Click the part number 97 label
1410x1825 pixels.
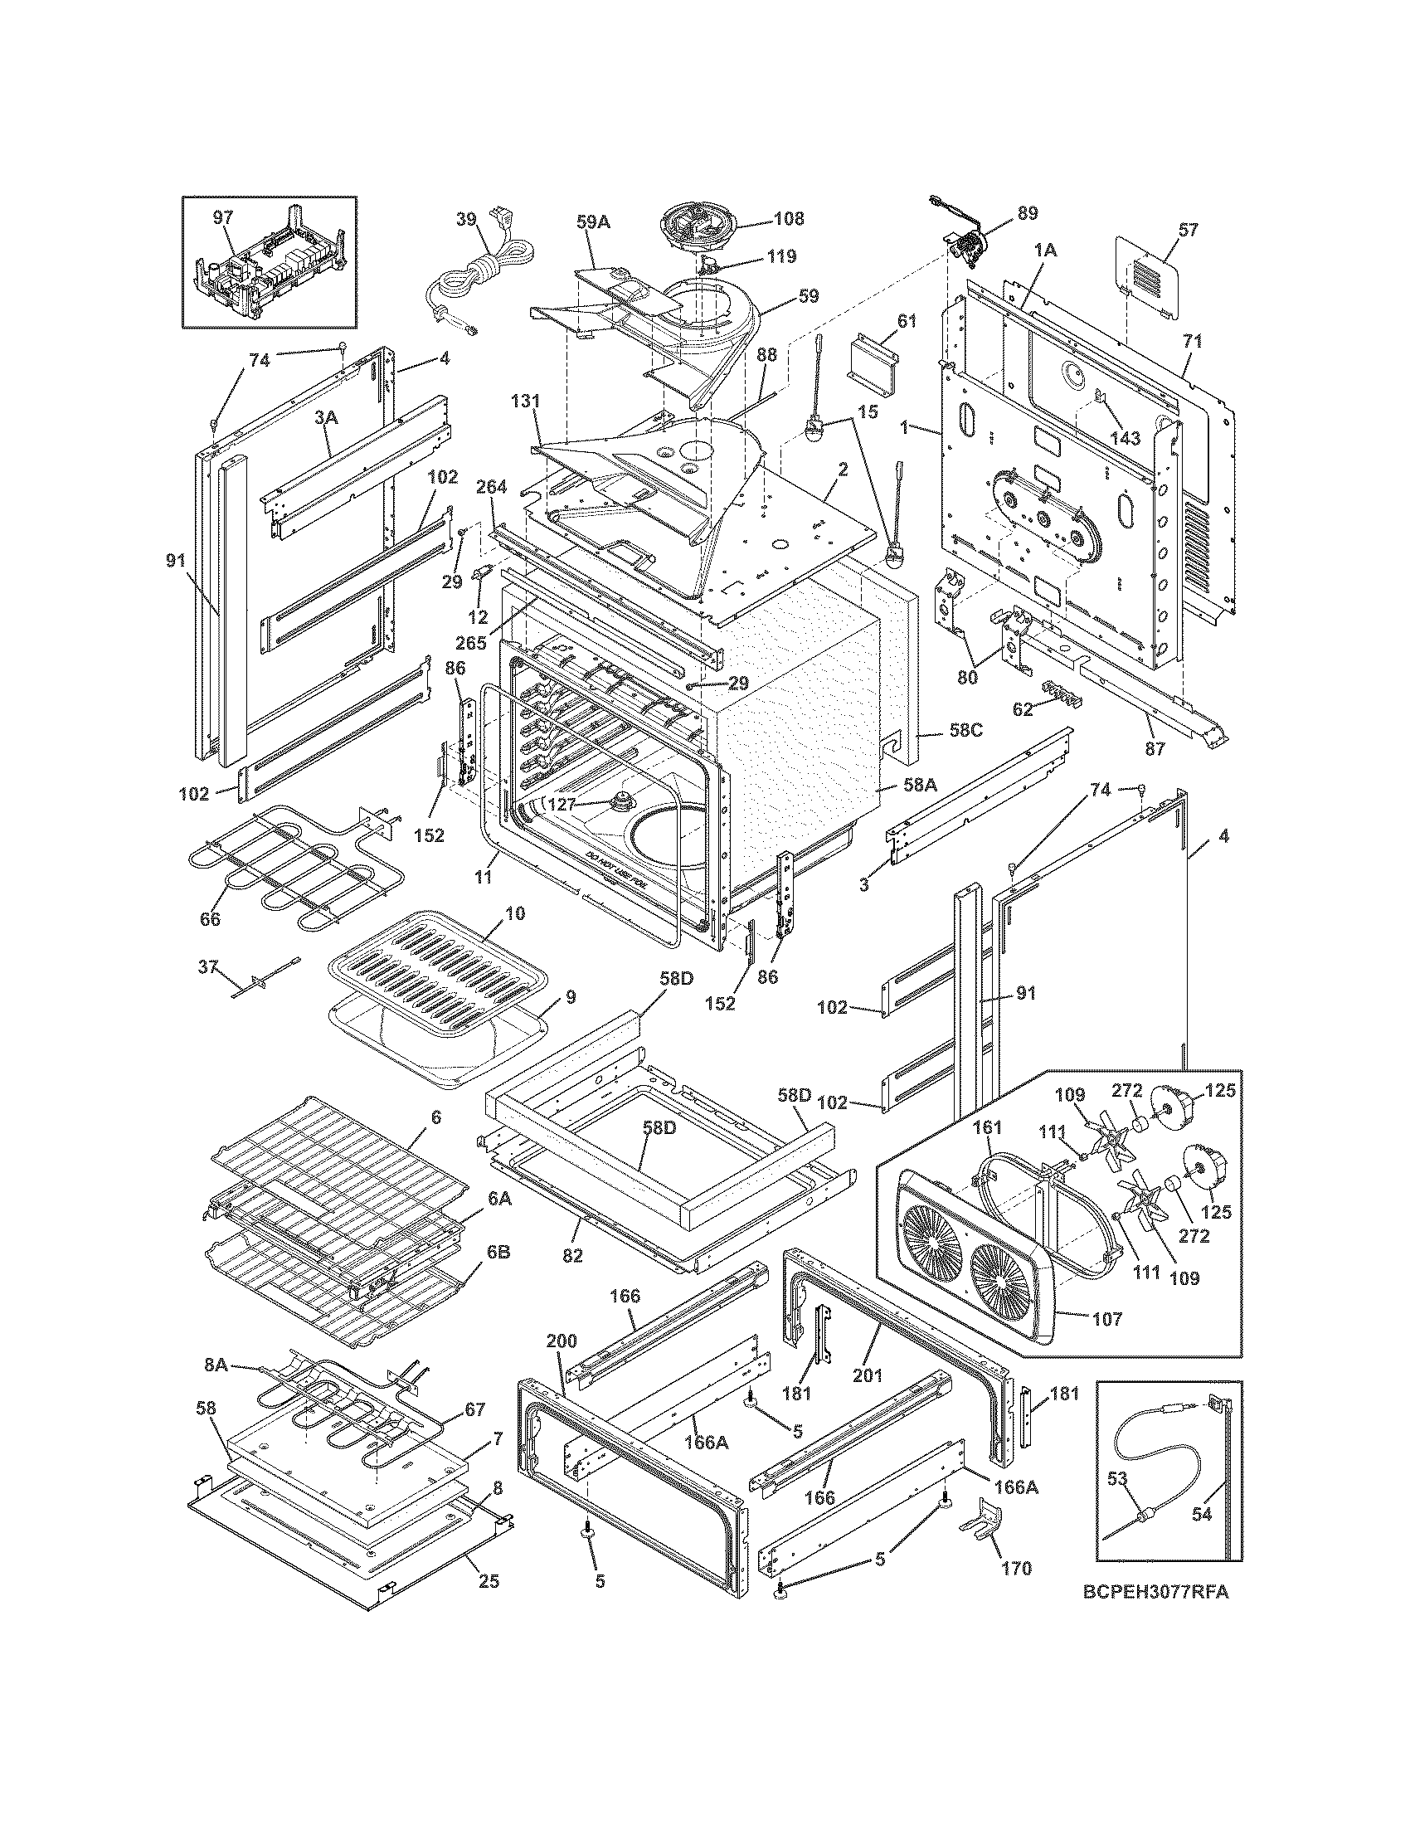(222, 217)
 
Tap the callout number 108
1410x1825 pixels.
(789, 219)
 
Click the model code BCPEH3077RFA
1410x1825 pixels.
(1156, 1616)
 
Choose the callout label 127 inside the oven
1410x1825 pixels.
(562, 803)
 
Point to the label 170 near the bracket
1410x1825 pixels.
(1016, 1569)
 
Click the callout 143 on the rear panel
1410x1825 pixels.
(1126, 438)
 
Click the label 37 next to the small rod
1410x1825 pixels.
(207, 966)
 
